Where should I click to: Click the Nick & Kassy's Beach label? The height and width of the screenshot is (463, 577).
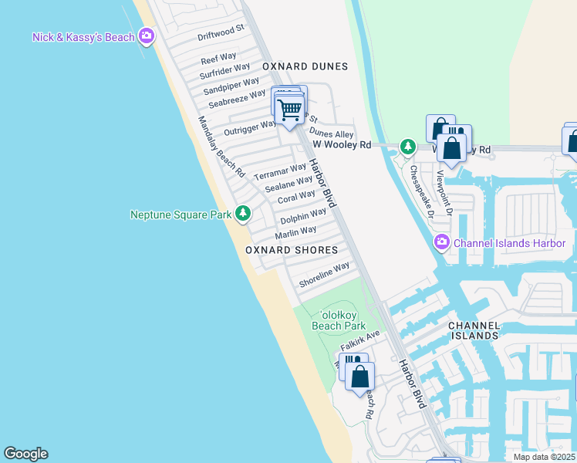click(83, 37)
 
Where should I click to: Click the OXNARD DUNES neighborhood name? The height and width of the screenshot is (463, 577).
click(305, 66)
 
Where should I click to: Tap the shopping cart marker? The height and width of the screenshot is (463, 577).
click(289, 110)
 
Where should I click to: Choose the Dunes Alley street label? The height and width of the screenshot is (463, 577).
click(332, 134)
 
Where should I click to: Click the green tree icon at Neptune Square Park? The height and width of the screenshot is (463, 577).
click(243, 212)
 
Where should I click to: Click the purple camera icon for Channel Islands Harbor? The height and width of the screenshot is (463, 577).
click(441, 242)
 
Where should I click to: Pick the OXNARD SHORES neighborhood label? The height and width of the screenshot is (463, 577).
click(292, 250)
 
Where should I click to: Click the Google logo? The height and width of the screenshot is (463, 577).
click(25, 454)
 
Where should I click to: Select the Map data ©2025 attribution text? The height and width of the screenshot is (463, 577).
click(544, 457)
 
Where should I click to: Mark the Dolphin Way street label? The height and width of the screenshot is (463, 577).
click(303, 216)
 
